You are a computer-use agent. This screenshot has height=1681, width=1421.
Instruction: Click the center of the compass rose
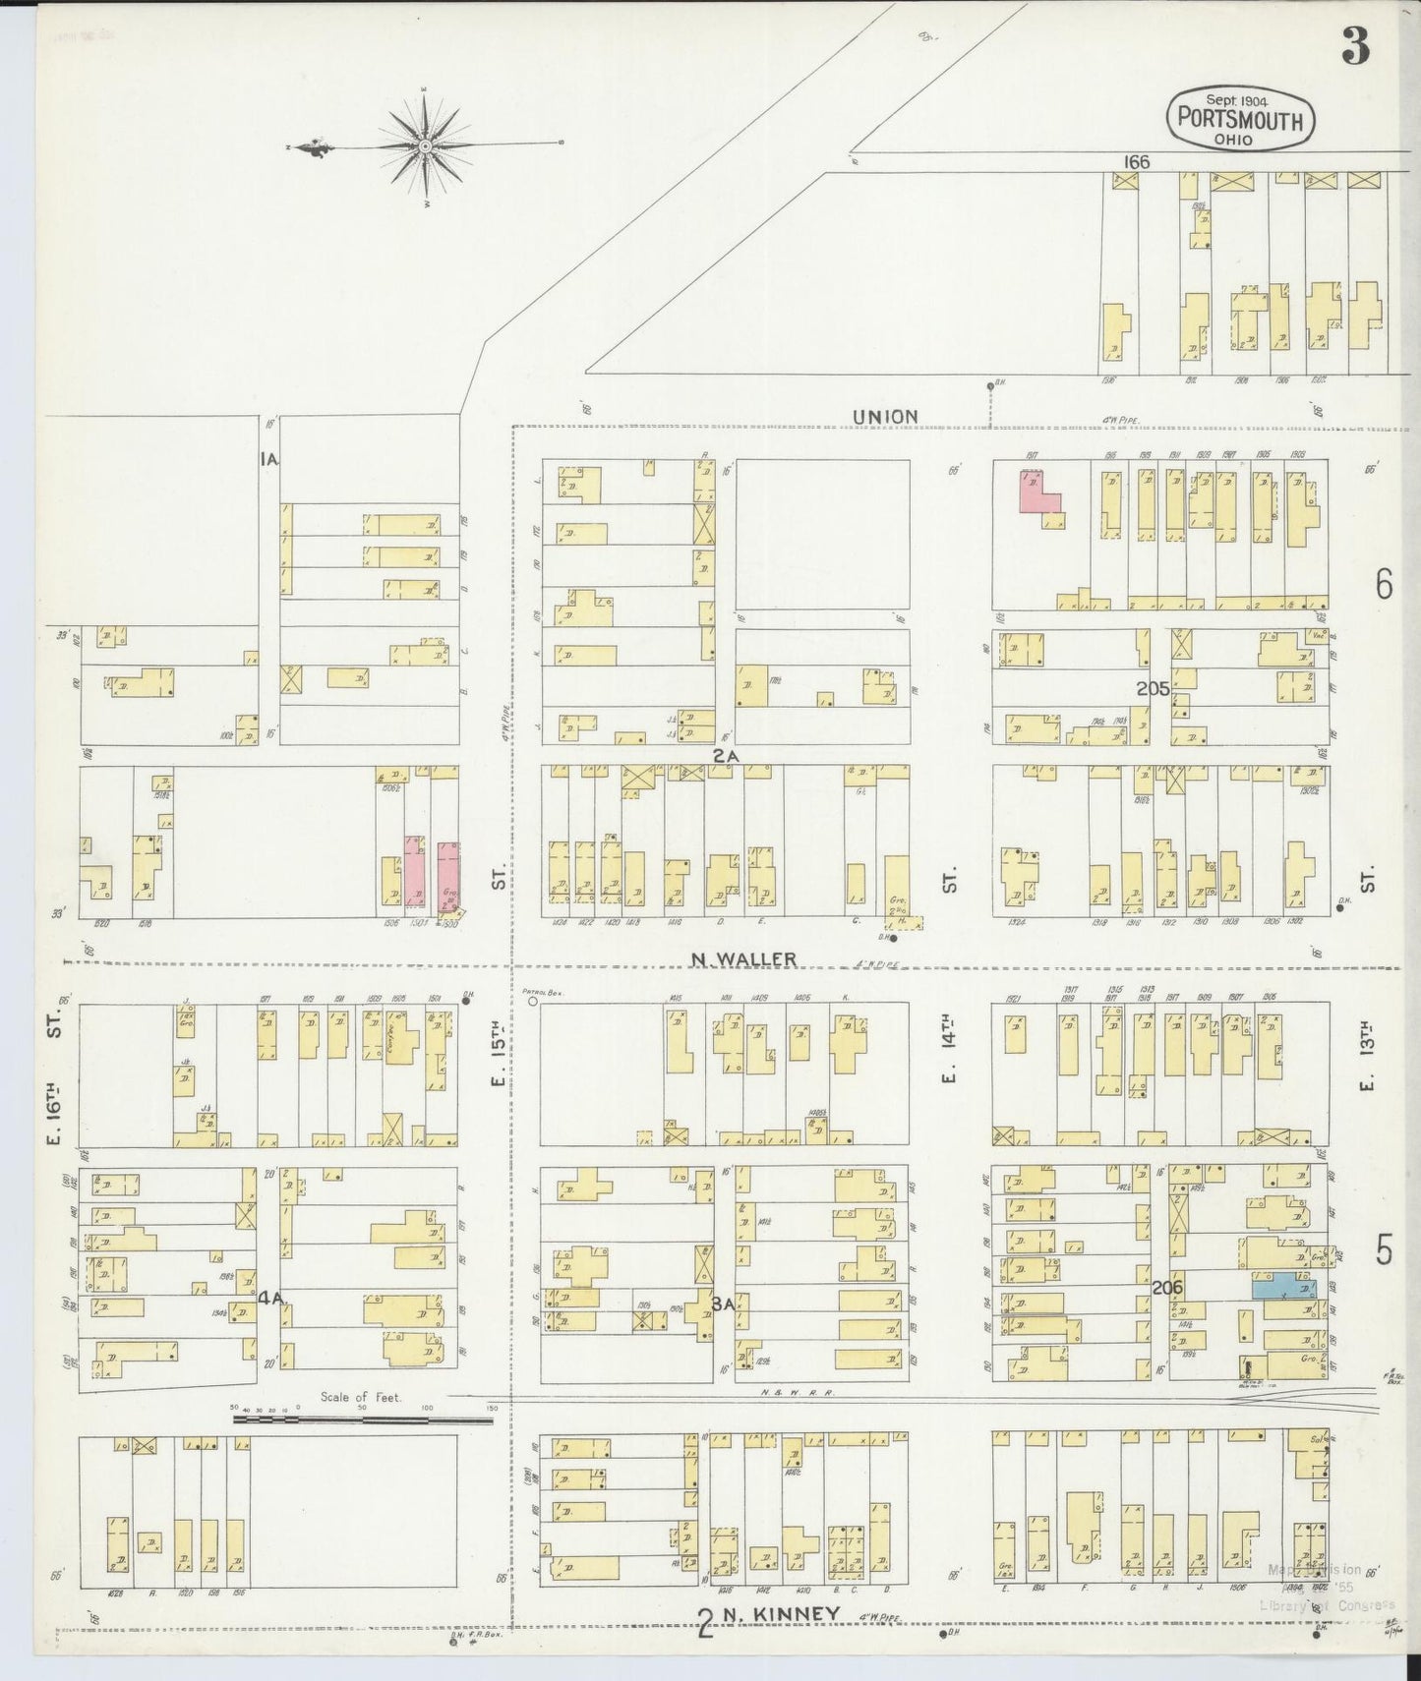tap(425, 147)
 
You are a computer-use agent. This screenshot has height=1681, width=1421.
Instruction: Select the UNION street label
tap(885, 416)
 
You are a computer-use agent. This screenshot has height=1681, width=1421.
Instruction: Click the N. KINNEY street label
tap(782, 1613)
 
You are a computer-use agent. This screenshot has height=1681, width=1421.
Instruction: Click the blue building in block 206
tap(1284, 1287)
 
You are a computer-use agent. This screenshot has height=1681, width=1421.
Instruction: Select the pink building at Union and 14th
tap(1038, 492)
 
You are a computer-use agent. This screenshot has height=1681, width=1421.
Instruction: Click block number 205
tap(1153, 689)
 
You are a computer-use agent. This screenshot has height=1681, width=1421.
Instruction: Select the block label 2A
tap(726, 754)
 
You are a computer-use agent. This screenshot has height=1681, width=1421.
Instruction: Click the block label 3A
tap(723, 1304)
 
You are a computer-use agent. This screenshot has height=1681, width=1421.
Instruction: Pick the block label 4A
tap(271, 1298)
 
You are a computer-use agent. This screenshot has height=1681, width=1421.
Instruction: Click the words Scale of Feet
tap(361, 1396)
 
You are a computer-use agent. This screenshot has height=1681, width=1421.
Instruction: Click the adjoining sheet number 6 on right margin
tap(1384, 585)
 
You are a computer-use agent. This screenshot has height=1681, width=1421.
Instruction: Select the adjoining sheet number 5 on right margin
tap(1384, 1251)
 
